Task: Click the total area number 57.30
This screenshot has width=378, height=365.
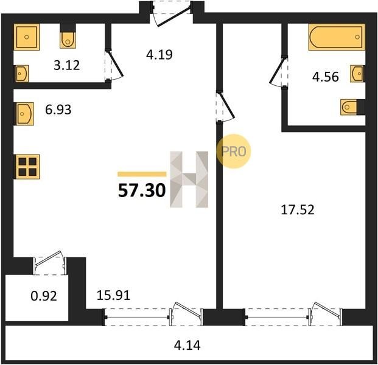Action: point(142,190)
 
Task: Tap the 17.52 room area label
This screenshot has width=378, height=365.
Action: point(298,210)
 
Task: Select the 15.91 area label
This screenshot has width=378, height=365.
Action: point(113,295)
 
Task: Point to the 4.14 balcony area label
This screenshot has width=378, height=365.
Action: point(187,345)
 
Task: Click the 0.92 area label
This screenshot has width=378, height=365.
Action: point(44,296)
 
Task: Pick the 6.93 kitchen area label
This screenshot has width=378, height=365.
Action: point(58,109)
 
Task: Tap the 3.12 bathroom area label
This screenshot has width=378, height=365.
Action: point(67,65)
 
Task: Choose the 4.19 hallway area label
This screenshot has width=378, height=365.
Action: point(159,55)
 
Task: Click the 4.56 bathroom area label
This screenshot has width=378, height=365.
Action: point(326,77)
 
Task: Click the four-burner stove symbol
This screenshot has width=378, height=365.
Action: point(27,167)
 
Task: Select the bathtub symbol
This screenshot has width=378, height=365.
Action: point(337,37)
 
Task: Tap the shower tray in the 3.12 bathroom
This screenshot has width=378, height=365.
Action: point(27,37)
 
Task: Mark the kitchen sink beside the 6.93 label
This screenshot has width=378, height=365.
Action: point(24,114)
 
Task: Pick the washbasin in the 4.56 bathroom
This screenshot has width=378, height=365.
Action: point(357,73)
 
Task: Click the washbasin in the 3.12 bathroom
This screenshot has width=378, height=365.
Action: point(21,74)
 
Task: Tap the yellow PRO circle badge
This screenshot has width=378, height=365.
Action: point(233,151)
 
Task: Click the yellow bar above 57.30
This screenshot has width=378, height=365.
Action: point(142,174)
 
